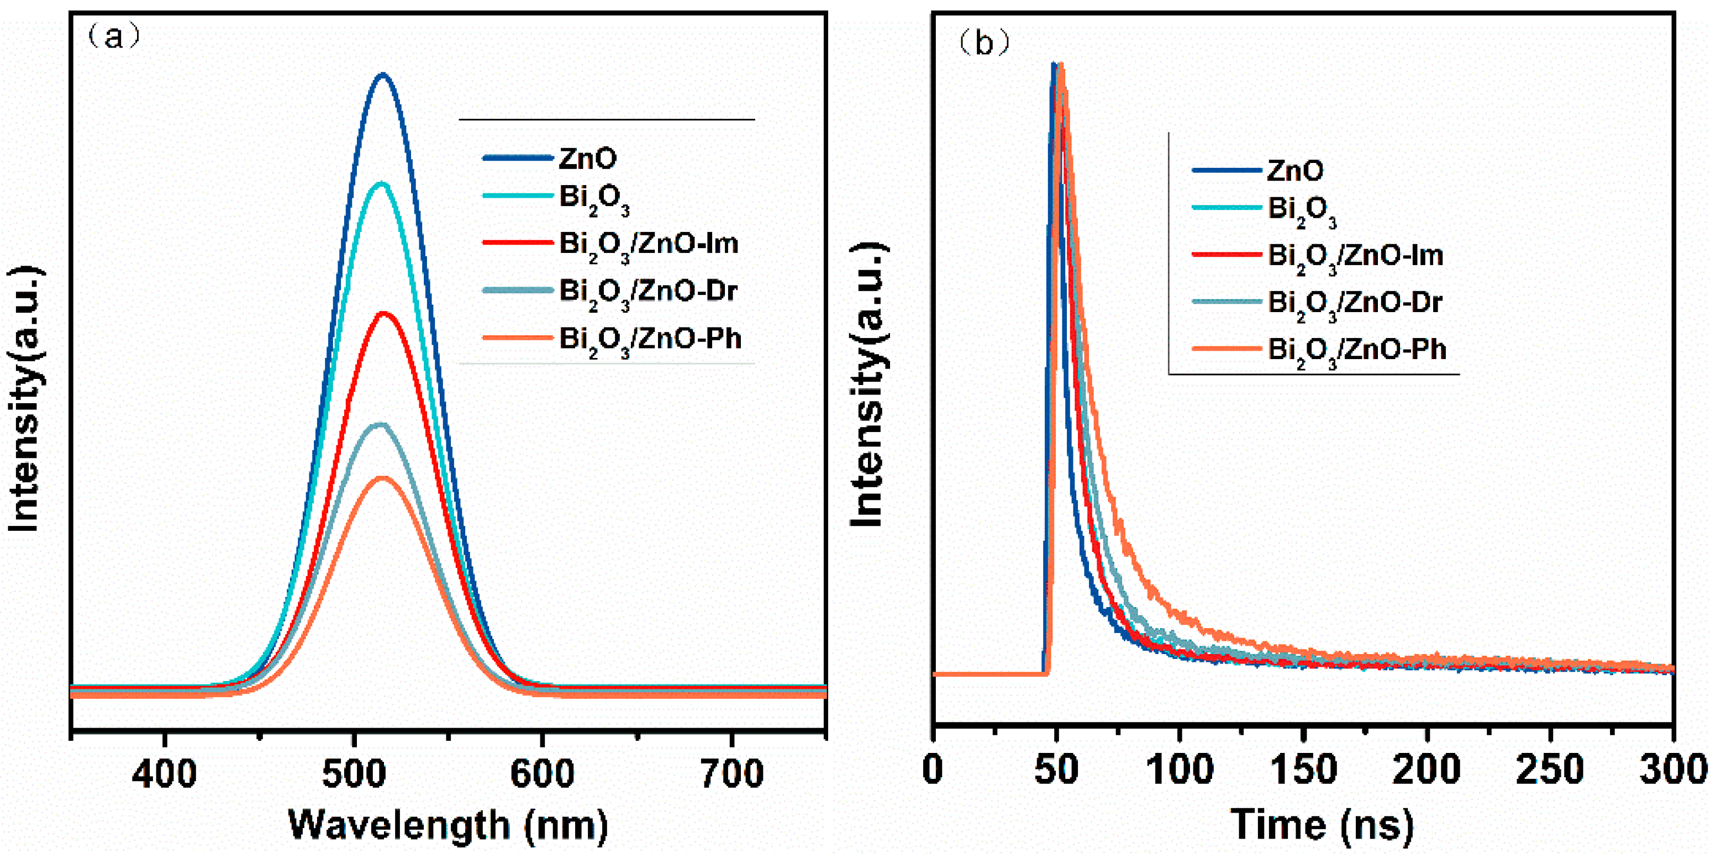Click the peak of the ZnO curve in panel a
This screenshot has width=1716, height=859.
click(382, 75)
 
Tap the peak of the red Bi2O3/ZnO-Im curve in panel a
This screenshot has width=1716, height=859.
click(383, 313)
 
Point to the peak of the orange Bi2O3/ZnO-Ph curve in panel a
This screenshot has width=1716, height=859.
click(382, 477)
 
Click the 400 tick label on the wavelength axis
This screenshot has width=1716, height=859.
click(164, 774)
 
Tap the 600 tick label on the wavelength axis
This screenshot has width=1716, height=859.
click(541, 774)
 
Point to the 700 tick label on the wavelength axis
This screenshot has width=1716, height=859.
click(732, 774)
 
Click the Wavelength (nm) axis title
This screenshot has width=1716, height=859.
click(448, 826)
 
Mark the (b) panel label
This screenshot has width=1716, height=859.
click(983, 43)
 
